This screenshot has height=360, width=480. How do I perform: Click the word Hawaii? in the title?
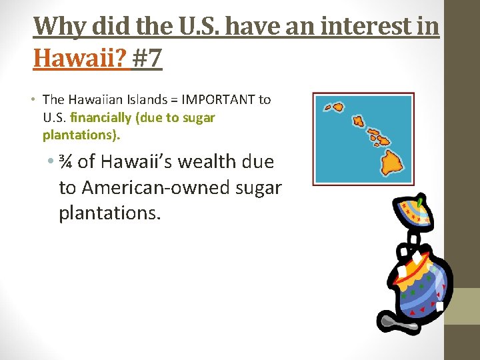(x=79, y=59)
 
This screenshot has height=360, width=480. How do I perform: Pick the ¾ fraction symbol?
(x=67, y=162)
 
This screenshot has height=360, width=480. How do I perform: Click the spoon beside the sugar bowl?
(x=397, y=323)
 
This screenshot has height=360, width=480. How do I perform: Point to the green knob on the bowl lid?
(x=421, y=199)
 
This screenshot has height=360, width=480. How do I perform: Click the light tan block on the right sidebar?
(x=462, y=306)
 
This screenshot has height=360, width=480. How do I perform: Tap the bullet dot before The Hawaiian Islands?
(x=32, y=100)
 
